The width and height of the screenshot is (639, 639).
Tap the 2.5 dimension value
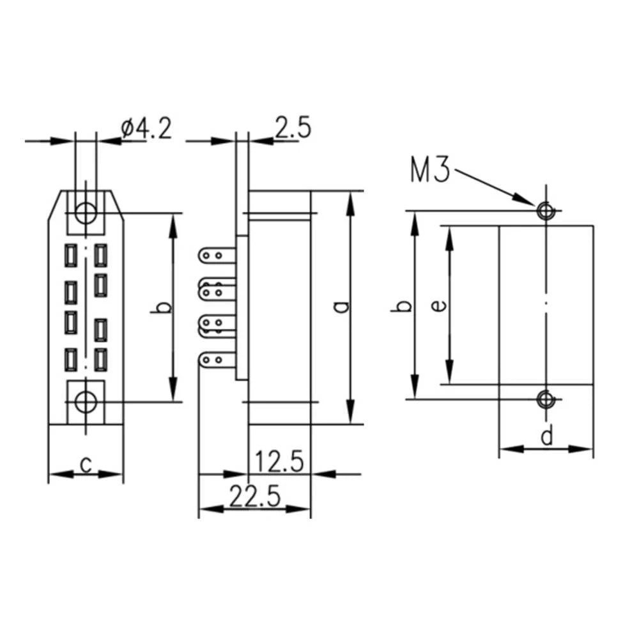point(293,128)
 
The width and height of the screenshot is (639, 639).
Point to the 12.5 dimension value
point(279,461)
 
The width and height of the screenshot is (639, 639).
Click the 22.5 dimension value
point(255,497)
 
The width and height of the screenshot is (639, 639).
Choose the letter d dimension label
point(546,437)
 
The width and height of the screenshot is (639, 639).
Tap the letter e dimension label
point(438,305)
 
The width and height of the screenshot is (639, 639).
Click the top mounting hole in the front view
point(86,212)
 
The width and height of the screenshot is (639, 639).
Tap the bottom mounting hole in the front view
point(86,401)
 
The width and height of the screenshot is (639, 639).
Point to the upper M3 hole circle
point(545,210)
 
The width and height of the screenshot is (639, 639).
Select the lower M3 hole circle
point(545,399)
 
